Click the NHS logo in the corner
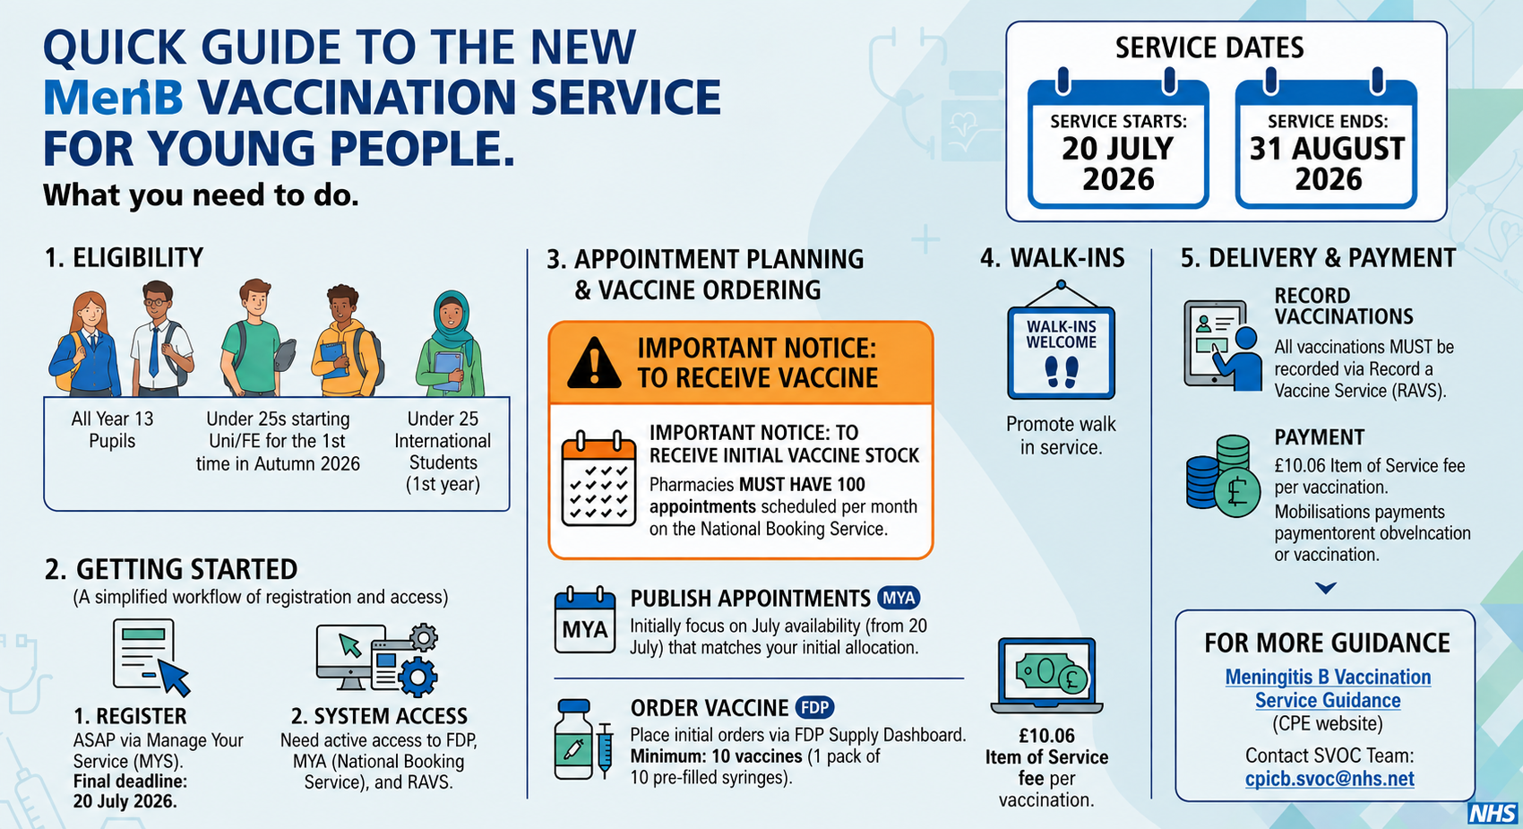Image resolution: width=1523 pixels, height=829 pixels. [x=1492, y=814]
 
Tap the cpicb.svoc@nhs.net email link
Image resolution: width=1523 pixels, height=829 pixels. [x=1329, y=779]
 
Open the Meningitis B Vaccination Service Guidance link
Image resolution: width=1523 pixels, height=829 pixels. [x=1328, y=688]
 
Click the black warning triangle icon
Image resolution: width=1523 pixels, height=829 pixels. [x=594, y=363]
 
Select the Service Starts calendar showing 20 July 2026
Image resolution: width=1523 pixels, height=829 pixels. [x=1118, y=140]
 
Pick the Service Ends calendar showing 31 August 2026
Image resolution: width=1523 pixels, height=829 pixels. [x=1326, y=140]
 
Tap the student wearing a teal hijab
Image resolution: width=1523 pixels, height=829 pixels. [x=450, y=344]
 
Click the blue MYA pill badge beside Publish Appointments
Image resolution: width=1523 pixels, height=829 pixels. [x=899, y=598]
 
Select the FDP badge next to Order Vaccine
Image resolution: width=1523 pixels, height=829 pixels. [x=814, y=708]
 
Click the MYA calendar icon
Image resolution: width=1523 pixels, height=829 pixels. [x=584, y=620]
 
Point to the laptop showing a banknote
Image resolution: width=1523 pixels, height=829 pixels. [x=1046, y=676]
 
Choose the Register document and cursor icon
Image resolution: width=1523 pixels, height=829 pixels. [x=151, y=657]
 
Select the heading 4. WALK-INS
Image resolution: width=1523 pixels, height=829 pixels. [x=1053, y=258]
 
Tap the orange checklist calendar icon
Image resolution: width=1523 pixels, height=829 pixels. [x=598, y=479]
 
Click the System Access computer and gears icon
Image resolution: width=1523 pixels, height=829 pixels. [x=377, y=660]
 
